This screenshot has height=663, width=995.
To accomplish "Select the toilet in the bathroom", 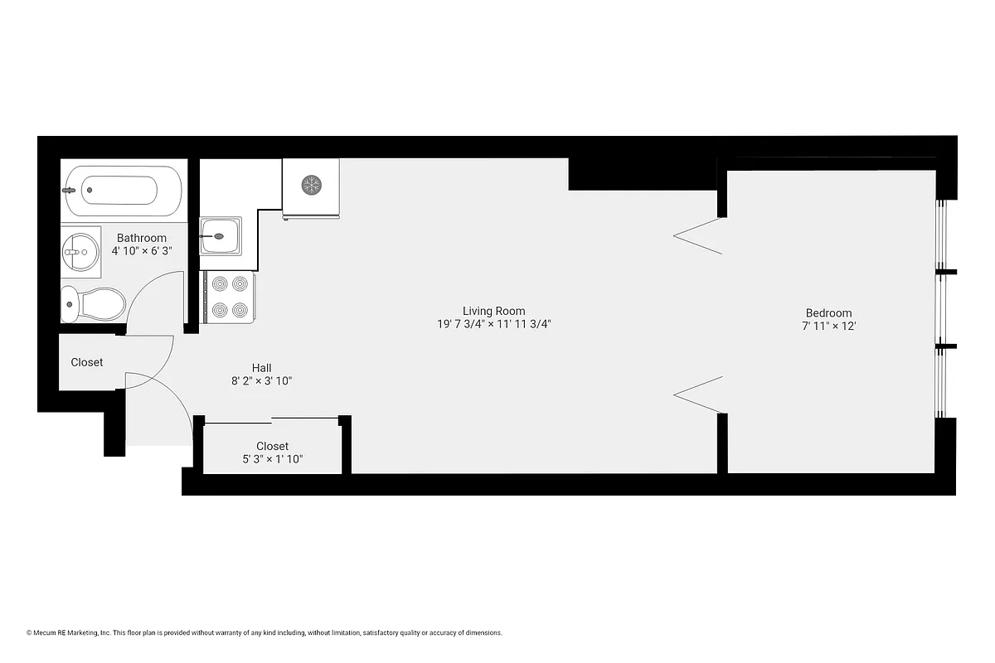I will [93, 304].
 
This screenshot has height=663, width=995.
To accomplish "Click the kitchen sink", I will [220, 236].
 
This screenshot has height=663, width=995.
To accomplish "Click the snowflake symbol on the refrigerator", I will [311, 184].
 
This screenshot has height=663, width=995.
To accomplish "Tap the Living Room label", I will [493, 311].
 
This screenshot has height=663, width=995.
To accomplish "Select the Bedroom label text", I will [828, 312].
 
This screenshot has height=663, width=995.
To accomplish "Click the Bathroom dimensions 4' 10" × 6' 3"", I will [142, 250].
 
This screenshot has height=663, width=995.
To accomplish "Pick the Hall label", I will [261, 368].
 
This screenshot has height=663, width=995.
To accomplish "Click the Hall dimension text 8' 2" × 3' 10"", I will [261, 381].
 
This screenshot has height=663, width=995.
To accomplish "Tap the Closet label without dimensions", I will [87, 362].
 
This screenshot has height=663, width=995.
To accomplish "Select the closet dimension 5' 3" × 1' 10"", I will [272, 458].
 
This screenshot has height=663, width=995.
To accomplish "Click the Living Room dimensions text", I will [493, 324].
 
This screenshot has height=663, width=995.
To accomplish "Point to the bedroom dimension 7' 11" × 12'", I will [828, 326].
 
